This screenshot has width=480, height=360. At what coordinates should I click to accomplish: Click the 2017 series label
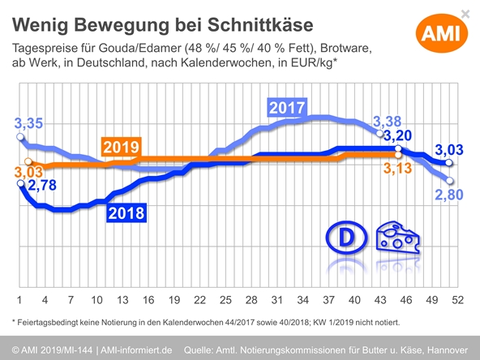point(286,107)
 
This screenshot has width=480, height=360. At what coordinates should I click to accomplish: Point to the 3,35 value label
point(29,124)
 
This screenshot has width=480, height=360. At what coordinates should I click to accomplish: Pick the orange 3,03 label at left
point(28,173)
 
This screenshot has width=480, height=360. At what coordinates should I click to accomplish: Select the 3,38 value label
point(386,122)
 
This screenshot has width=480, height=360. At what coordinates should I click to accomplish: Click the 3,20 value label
point(398,135)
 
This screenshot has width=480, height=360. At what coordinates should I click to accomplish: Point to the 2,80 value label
point(449,195)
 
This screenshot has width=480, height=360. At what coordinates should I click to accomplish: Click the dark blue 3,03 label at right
point(449,150)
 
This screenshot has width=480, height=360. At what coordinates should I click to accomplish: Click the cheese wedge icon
point(400,237)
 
